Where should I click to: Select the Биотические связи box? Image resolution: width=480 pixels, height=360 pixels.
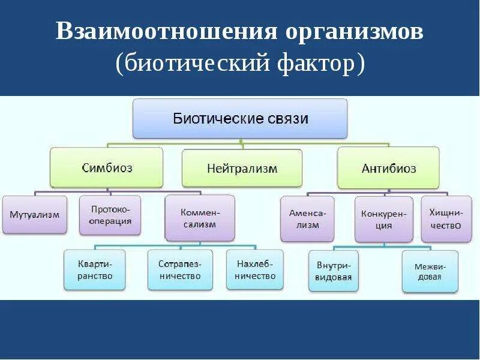click(240, 119)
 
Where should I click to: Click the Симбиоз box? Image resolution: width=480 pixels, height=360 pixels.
click(106, 168)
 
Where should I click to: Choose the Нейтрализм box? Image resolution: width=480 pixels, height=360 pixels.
click(242, 169)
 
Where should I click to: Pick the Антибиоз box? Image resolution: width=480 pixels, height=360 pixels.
click(388, 169)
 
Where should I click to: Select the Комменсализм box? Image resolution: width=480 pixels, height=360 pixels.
click(200, 217)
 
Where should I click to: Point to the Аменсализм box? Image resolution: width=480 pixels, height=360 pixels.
click(307, 218)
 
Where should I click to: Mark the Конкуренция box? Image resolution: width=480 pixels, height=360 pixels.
click(383, 219)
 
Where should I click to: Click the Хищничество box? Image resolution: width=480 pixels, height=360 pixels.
click(446, 218)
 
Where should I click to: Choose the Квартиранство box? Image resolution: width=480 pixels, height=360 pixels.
click(95, 270)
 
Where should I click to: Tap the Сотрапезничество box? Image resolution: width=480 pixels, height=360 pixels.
click(180, 270)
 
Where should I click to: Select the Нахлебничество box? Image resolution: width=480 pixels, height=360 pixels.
click(255, 269)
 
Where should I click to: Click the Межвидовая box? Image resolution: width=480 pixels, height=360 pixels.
click(430, 271)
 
